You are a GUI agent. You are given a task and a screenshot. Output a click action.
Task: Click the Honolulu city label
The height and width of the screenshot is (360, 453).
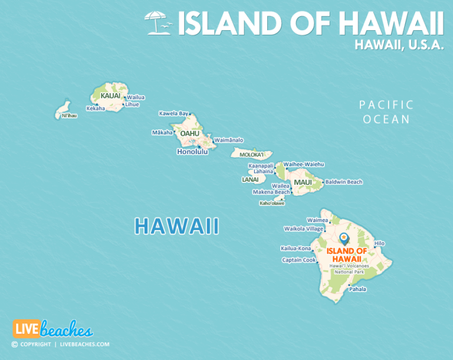(x=192, y=152)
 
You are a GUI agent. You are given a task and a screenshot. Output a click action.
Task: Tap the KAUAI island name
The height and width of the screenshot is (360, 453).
(x=110, y=96)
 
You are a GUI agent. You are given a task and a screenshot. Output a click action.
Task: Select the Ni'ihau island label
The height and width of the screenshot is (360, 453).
(x=69, y=116)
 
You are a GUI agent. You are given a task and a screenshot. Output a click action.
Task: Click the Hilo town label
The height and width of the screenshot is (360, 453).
(x=379, y=243)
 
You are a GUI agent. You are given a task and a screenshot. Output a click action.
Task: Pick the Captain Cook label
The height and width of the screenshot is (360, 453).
(x=299, y=260)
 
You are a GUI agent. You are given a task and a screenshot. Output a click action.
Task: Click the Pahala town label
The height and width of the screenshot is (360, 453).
(x=357, y=289)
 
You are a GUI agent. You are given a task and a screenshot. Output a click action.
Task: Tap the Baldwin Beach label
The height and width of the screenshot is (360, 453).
(x=344, y=182)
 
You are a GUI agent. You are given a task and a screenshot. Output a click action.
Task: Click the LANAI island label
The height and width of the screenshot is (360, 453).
(x=250, y=179)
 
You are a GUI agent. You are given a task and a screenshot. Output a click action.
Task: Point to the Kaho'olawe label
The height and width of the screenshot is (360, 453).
(x=272, y=204)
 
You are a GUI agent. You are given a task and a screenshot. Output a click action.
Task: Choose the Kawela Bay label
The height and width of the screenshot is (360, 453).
(x=174, y=113)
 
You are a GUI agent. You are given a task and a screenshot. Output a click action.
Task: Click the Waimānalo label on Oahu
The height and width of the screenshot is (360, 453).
(x=229, y=140)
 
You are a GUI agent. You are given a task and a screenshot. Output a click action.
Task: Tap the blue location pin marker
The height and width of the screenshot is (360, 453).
(x=344, y=238)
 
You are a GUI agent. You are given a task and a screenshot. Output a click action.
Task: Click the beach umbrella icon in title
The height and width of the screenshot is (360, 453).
(x=158, y=23)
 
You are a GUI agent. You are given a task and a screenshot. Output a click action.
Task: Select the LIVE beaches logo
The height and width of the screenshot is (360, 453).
(x=52, y=329)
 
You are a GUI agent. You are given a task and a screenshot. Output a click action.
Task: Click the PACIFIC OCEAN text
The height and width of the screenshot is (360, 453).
(x=386, y=112)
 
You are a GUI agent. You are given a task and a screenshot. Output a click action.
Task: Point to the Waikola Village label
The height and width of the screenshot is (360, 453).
(x=304, y=228)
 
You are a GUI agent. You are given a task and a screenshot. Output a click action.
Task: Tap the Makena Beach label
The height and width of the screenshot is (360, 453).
(x=271, y=192)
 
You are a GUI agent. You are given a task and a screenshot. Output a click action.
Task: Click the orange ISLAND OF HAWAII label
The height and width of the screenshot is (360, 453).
(x=346, y=255)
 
